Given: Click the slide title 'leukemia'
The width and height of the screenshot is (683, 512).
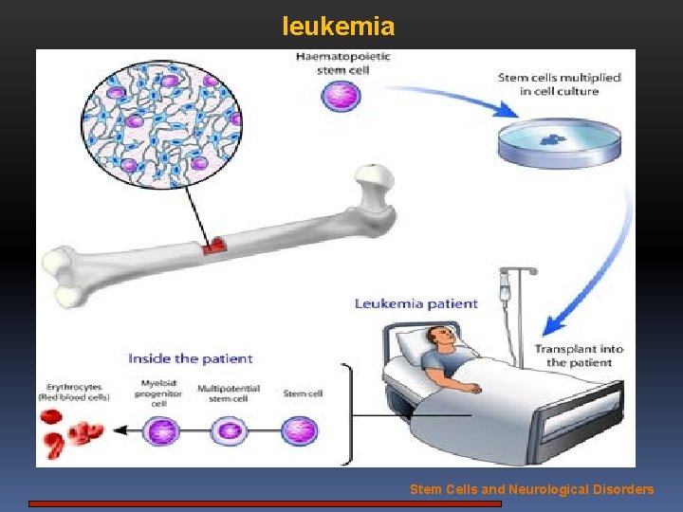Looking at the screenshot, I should click(x=338, y=27).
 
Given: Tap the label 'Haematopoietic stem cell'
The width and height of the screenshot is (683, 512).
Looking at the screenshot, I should click(x=342, y=64).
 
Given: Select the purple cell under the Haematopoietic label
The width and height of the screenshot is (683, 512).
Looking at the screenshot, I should click(x=342, y=97).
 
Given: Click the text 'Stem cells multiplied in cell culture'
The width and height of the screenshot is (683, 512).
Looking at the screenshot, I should click(x=559, y=84).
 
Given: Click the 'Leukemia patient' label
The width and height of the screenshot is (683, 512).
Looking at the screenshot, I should click(x=415, y=304).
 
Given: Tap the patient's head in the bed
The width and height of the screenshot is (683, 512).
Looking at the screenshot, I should click(x=438, y=337).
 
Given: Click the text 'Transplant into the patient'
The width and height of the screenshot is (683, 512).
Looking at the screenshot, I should click(x=579, y=356).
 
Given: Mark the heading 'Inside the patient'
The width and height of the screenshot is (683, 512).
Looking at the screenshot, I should click(x=191, y=358).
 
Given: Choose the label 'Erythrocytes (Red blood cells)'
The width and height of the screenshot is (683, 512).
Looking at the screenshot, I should click(x=74, y=391).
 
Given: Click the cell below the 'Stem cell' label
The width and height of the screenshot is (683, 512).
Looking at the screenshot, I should click(x=299, y=431).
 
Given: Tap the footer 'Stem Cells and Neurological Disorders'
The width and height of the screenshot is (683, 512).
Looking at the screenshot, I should click(x=531, y=490).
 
